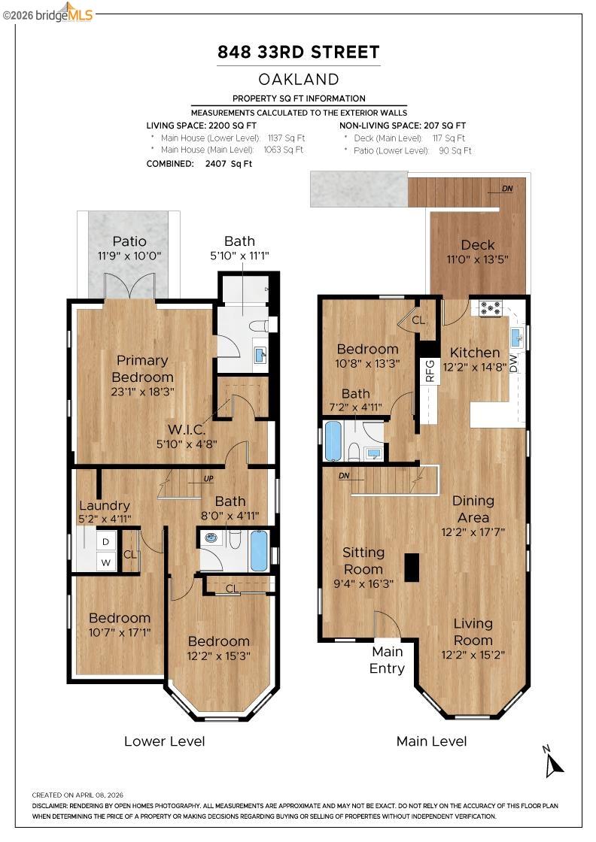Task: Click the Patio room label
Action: pyautogui.click(x=129, y=241)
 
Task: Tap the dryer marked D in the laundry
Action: pyautogui.click(x=106, y=541)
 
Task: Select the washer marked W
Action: pyautogui.click(x=106, y=562)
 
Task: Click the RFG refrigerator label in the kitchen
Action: pyautogui.click(x=430, y=371)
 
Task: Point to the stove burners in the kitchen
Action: pyautogui.click(x=490, y=307)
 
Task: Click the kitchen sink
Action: pyautogui.click(x=516, y=337)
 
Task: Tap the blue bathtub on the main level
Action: pyautogui.click(x=333, y=441)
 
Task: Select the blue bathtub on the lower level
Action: pyautogui.click(x=259, y=550)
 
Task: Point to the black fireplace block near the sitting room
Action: pyautogui.click(x=412, y=567)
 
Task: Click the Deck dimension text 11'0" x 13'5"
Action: pyautogui.click(x=477, y=259)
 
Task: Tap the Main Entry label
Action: pyautogui.click(x=387, y=660)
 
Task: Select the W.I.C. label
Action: pyautogui.click(x=187, y=429)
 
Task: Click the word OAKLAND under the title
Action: pyautogui.click(x=299, y=80)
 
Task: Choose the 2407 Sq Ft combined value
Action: pyautogui.click(x=229, y=164)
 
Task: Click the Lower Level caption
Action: pyautogui.click(x=165, y=741)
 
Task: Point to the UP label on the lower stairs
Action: pyautogui.click(x=208, y=479)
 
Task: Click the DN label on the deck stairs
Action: pyautogui.click(x=507, y=189)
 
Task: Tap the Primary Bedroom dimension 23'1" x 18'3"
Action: pyautogui.click(x=142, y=392)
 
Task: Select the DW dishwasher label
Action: pyautogui.click(x=513, y=363)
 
